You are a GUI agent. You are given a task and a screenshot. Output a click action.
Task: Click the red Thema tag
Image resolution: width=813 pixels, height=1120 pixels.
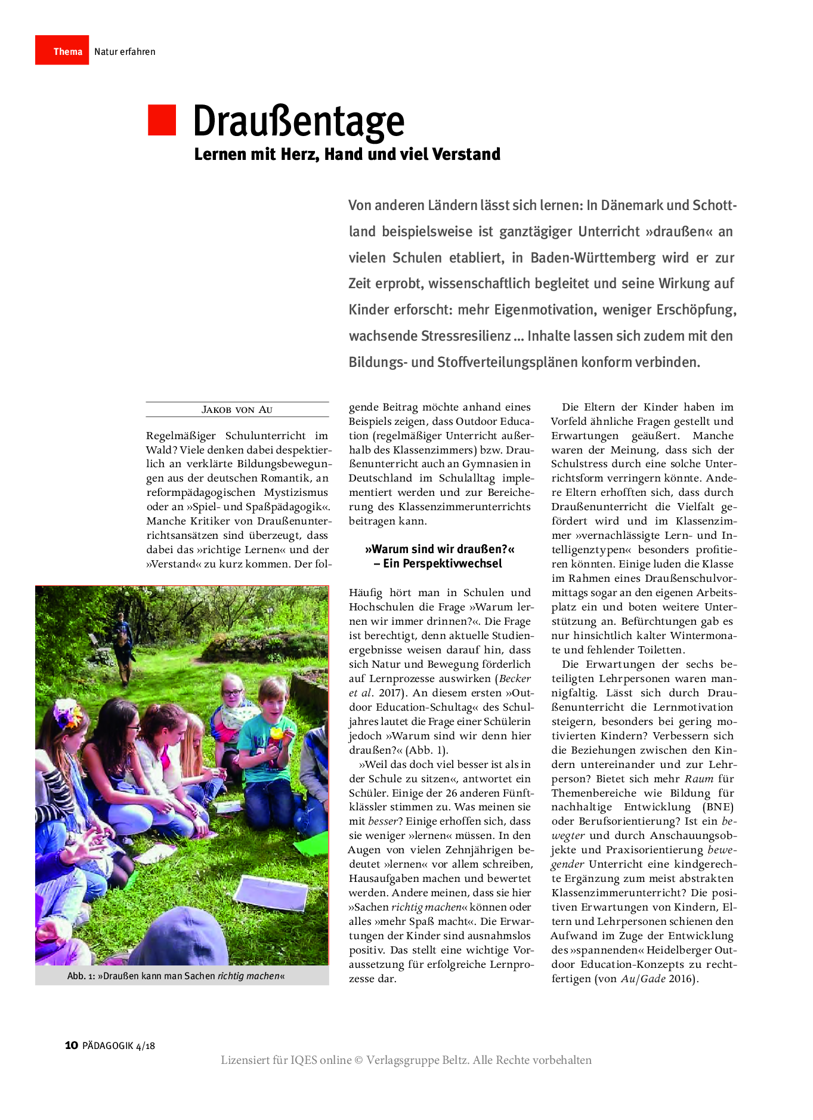(x=62, y=51)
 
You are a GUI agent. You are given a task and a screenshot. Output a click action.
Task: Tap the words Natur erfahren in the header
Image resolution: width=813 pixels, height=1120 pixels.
(x=125, y=52)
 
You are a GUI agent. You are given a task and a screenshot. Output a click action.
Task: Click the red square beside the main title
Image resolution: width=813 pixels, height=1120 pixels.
(x=162, y=120)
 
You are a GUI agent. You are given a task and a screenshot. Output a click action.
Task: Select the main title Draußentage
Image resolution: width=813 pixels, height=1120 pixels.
(x=298, y=121)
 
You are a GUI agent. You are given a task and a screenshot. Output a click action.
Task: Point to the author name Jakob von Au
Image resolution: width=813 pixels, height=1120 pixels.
(x=237, y=409)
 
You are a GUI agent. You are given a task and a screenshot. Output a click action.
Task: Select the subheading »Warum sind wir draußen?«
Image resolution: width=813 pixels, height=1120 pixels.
(x=439, y=549)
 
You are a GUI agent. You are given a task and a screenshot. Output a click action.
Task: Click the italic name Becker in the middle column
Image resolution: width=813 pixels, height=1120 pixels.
(x=515, y=678)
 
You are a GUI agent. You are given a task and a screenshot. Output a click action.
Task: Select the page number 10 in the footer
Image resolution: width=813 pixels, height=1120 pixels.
(x=71, y=1045)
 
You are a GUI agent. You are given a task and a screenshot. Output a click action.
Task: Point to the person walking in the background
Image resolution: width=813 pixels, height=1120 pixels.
(x=123, y=647)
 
